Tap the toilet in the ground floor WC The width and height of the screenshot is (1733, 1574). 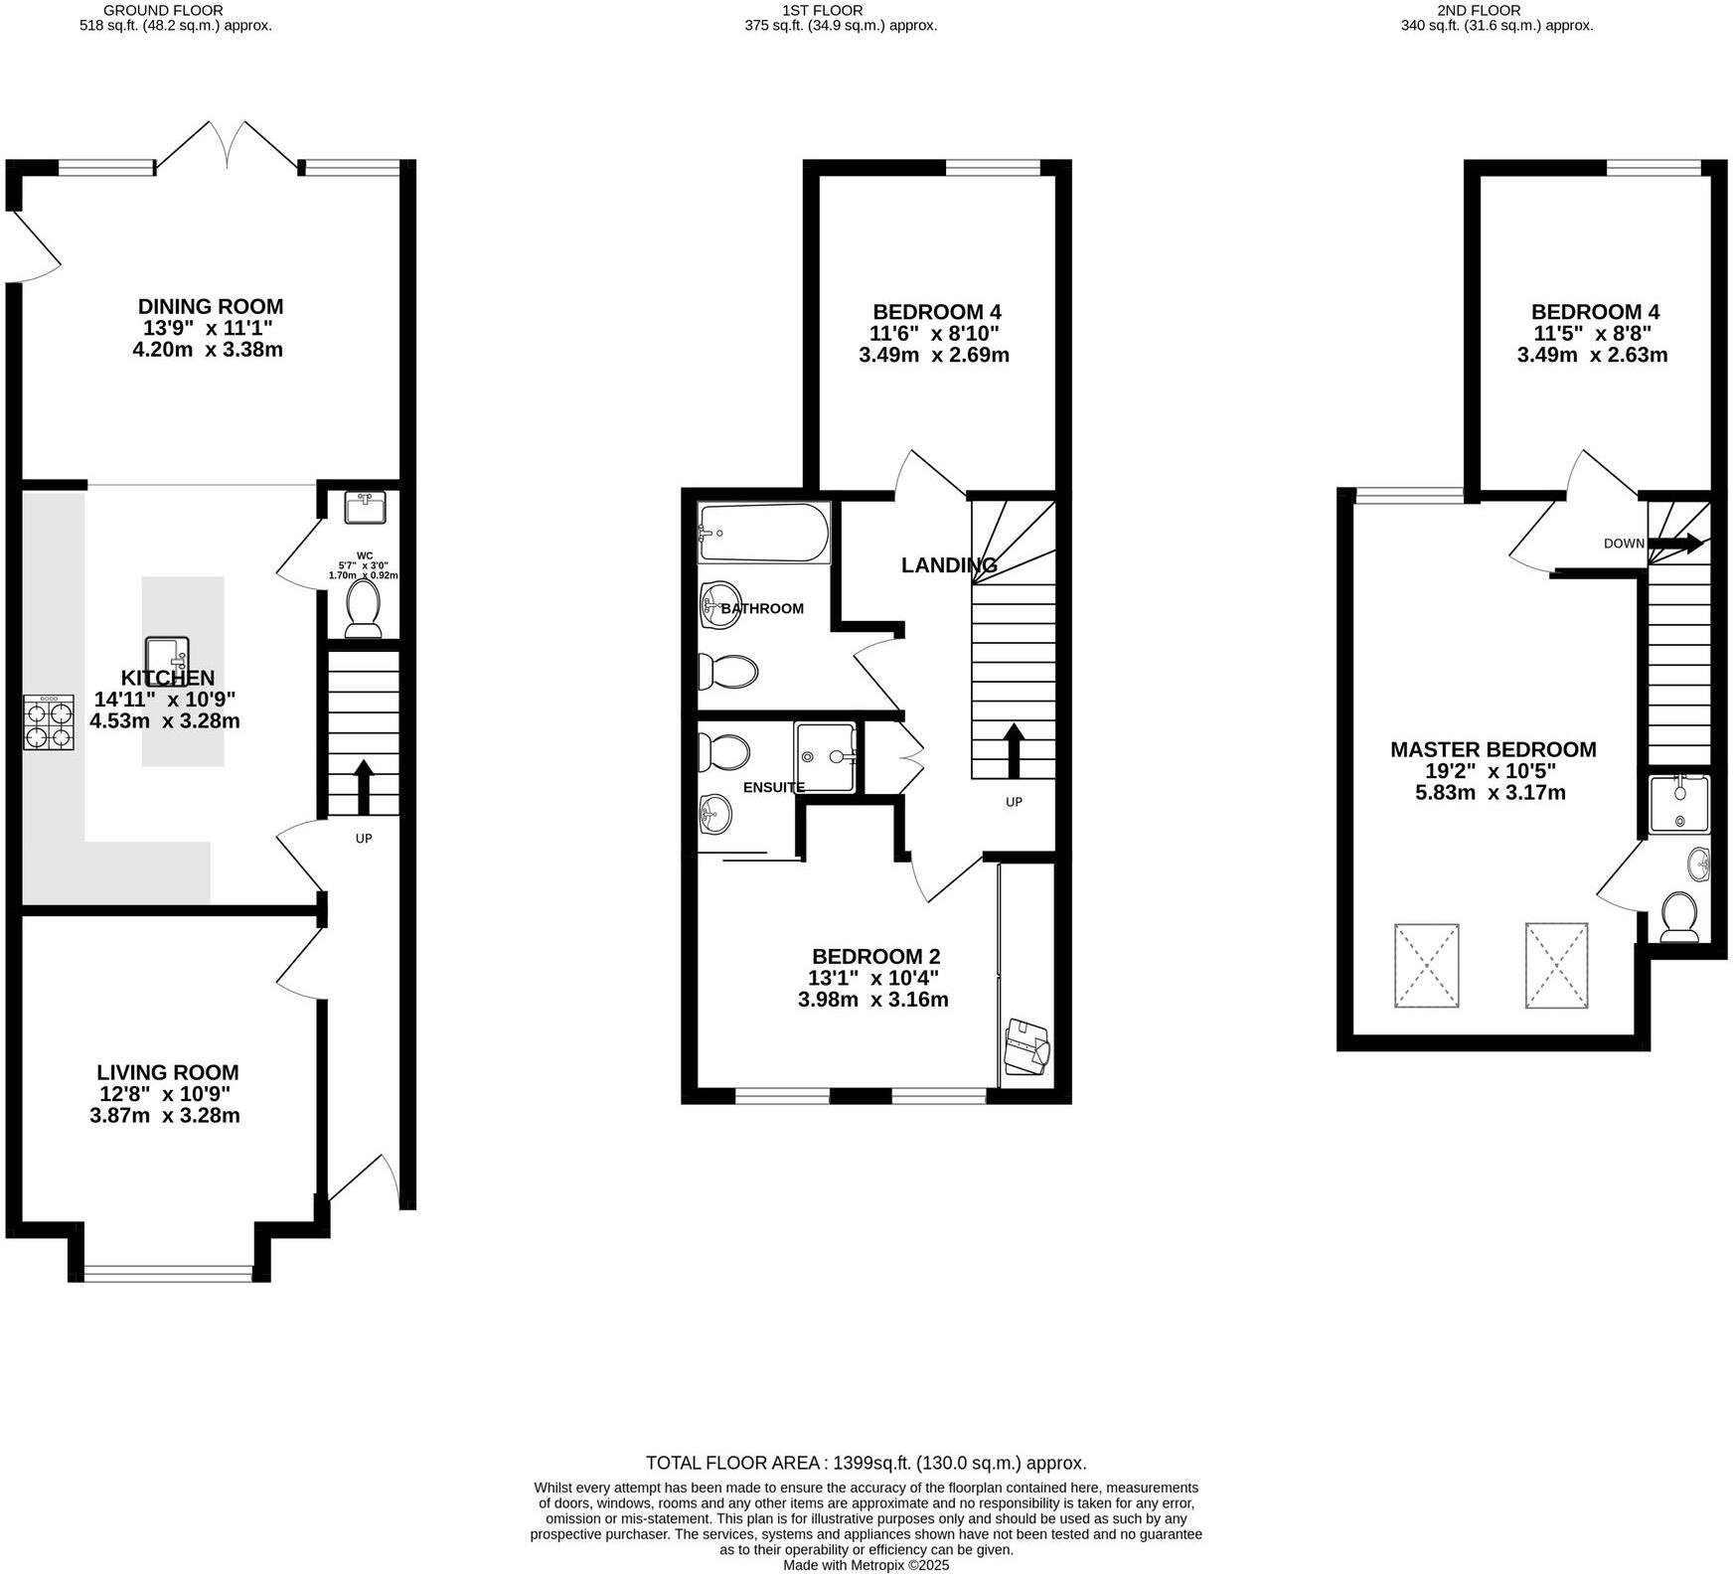click(363, 608)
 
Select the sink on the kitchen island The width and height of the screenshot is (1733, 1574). click(167, 656)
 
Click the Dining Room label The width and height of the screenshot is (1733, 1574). click(210, 306)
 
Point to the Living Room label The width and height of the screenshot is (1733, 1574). click(167, 1072)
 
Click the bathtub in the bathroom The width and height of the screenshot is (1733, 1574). click(763, 533)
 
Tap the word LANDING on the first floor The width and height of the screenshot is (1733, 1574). click(948, 565)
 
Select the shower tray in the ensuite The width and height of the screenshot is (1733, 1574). click(825, 757)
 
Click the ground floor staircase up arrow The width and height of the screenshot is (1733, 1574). click(363, 785)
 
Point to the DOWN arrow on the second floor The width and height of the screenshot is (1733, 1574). click(1679, 544)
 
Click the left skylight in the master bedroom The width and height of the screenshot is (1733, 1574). click(1427, 965)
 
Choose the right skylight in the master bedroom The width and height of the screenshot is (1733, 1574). click(1557, 965)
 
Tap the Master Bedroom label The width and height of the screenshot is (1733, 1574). click(1493, 749)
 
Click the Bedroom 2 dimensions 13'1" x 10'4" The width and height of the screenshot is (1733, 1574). click(872, 978)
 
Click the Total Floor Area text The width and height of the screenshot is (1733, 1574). click(866, 1463)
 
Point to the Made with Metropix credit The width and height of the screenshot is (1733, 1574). click(866, 1565)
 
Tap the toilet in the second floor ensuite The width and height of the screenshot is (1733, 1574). click(1680, 915)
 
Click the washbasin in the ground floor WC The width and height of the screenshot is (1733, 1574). click(365, 508)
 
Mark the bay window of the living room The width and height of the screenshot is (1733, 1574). click(169, 1271)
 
